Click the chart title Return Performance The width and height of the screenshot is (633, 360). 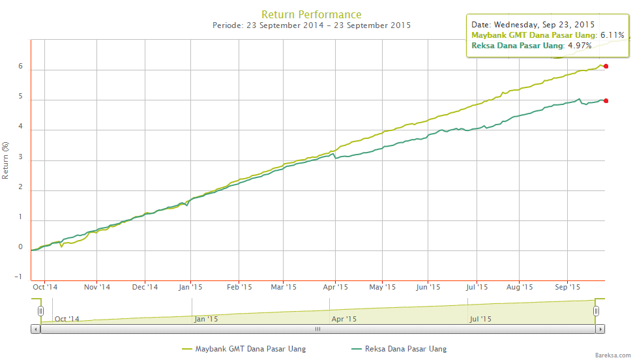click(311, 14)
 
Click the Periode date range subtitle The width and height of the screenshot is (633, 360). click(312, 25)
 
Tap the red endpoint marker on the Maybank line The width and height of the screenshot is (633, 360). click(606, 66)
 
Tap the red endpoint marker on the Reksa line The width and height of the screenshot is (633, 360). click(606, 100)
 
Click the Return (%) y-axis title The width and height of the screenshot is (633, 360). click(6, 160)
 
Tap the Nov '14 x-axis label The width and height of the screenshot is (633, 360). click(97, 287)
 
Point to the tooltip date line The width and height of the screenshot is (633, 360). click(533, 24)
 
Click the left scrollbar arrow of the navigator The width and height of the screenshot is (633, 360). click(35, 329)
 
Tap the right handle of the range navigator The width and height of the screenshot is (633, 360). click(596, 312)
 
